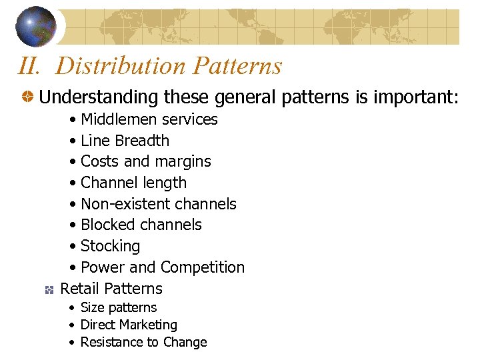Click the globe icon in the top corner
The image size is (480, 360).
(x=36, y=26)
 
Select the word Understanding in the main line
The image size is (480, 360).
(x=99, y=97)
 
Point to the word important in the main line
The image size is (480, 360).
(x=413, y=97)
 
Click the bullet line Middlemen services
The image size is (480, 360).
(x=149, y=119)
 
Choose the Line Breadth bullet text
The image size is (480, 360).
(x=125, y=141)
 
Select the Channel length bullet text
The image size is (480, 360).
(x=133, y=183)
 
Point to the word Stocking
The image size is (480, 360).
(x=110, y=247)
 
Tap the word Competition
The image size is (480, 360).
(x=203, y=267)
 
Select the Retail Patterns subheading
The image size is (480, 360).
(x=111, y=289)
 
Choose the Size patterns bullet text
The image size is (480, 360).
(x=118, y=307)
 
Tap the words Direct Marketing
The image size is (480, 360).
(x=129, y=325)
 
